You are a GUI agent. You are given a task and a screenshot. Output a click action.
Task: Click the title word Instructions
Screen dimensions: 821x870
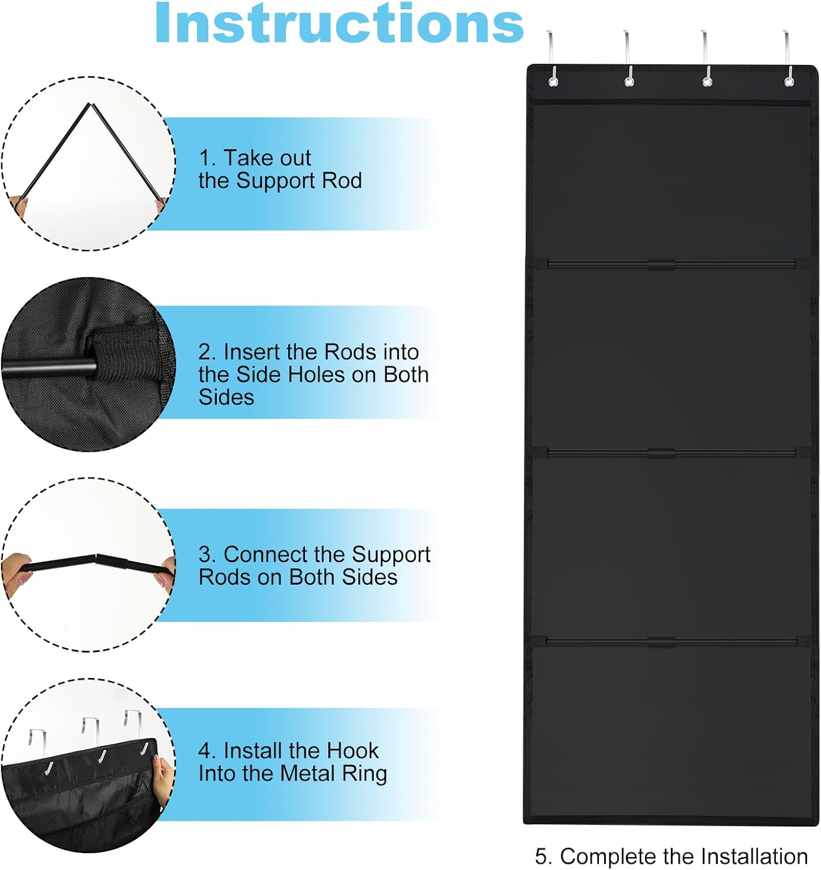[340, 23]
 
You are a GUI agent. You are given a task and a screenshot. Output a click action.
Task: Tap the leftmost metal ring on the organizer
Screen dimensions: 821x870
[553, 81]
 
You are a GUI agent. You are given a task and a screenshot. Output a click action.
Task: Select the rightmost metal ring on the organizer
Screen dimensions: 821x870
[789, 81]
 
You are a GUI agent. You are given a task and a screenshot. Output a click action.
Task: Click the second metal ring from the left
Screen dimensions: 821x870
[629, 81]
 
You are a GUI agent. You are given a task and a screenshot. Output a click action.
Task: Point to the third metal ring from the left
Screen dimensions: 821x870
[707, 81]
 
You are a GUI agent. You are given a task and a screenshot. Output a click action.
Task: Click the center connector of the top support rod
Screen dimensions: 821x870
[662, 264]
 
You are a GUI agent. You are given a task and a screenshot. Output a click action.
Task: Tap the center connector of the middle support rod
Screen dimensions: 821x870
[662, 453]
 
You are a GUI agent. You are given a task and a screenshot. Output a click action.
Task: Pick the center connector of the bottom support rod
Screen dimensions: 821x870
[662, 642]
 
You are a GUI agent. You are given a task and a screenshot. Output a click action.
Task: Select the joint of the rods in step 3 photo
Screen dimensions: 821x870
[96, 557]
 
